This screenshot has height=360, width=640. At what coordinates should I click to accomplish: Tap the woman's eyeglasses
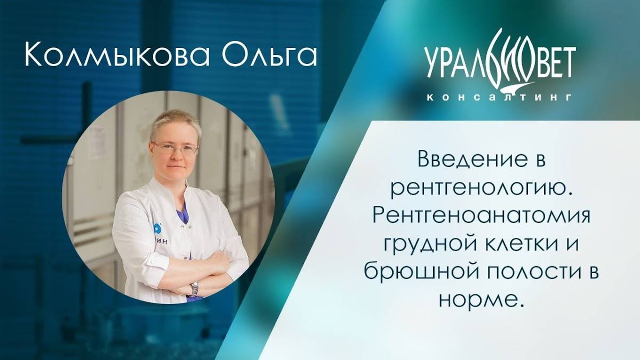[175, 148]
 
